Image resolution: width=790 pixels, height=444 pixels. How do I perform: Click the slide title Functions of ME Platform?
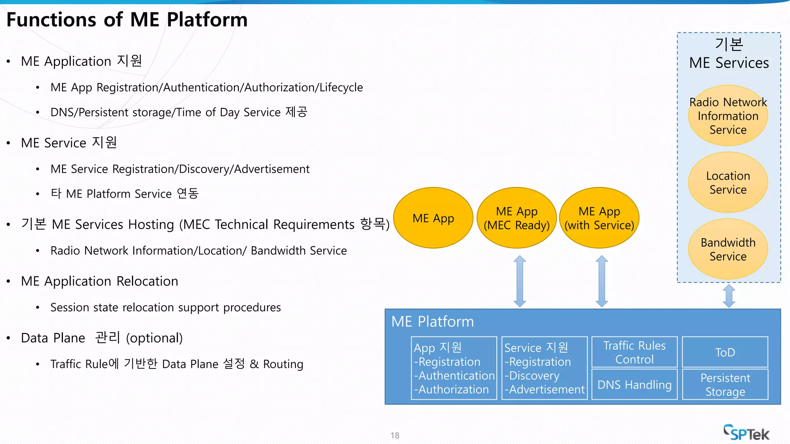127,20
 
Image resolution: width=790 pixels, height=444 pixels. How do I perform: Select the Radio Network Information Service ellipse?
728,116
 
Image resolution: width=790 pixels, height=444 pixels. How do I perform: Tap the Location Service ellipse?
728,182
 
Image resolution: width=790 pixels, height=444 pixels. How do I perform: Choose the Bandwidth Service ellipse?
728,249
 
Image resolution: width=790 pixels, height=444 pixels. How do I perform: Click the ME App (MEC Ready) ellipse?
517,218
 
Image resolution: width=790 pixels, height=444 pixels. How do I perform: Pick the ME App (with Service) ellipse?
599,218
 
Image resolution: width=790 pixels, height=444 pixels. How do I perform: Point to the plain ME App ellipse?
433,218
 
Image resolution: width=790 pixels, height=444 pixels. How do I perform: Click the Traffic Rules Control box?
634,352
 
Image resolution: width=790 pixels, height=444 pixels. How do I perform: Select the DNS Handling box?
634,385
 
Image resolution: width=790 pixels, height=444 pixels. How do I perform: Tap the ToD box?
725,352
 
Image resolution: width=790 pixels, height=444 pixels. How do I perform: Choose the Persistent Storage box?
725,385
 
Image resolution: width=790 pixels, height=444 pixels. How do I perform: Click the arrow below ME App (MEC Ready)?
520,281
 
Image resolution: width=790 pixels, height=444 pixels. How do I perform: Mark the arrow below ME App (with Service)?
601,281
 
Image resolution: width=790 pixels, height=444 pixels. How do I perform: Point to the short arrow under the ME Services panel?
729,296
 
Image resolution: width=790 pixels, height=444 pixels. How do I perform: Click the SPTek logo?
746,433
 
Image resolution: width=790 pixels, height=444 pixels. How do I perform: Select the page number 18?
395,436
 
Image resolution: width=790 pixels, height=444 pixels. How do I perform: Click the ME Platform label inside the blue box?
432,321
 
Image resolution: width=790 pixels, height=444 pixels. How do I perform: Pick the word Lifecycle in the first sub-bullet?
341,87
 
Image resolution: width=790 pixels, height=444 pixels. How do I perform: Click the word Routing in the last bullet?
283,364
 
